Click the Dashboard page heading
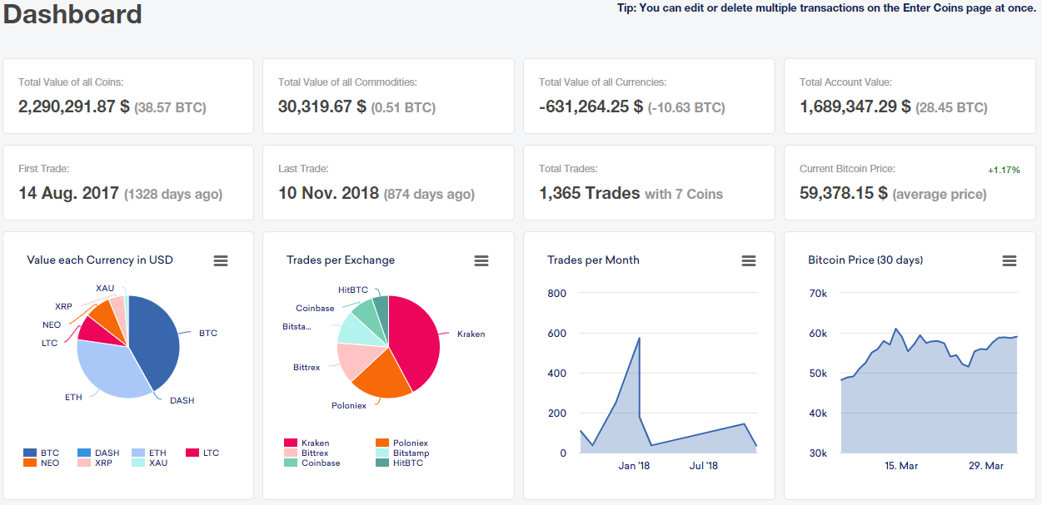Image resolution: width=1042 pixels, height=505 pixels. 72,14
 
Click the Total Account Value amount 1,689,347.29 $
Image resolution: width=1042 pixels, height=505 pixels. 855,106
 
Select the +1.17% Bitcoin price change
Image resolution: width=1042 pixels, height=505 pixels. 1003,170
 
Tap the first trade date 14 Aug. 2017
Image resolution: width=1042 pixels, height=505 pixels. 69,193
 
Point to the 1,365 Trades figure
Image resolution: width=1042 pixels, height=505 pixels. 589,193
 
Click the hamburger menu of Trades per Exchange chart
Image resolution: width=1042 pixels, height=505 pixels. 481,260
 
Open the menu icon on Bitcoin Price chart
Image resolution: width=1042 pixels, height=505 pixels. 1009,260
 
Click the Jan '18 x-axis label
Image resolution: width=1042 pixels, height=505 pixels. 634,466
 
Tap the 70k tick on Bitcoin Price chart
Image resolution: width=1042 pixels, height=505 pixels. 817,294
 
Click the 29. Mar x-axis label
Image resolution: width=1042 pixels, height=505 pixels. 986,466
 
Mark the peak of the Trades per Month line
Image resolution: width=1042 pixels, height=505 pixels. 639,338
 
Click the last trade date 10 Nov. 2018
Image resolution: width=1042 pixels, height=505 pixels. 329,193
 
